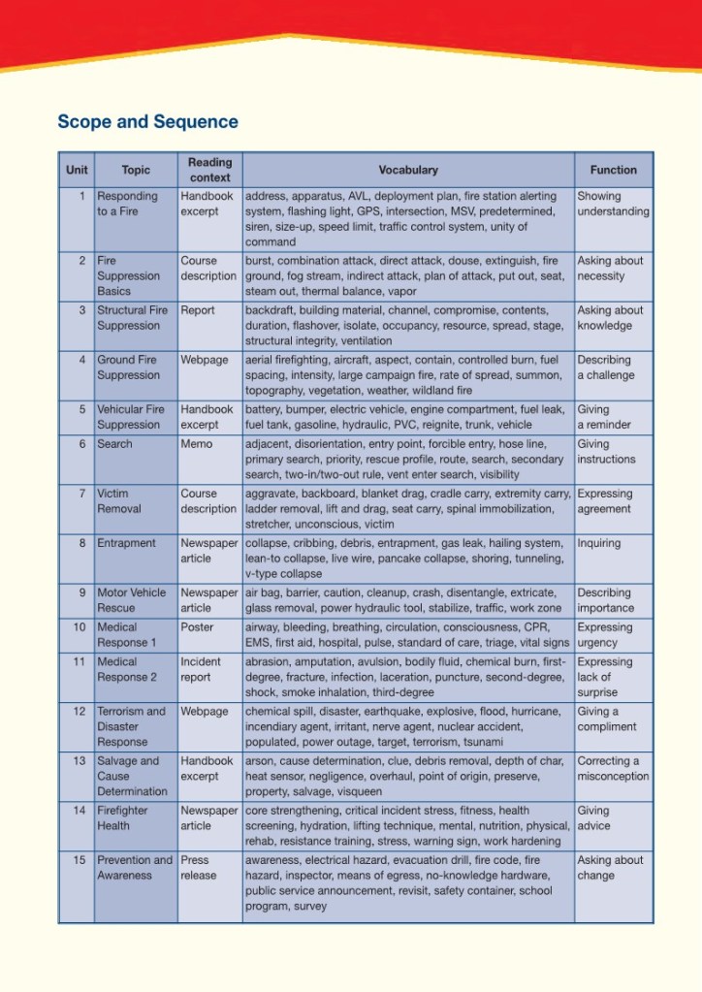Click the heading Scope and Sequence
coord(147,122)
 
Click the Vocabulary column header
coord(408,170)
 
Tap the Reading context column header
coord(209,170)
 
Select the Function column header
coord(613,170)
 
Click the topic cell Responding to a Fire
coord(127,204)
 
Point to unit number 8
coord(83,543)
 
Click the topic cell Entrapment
coord(126,543)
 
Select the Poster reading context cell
coord(197,627)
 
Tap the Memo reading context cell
coord(197,444)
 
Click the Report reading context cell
coord(198,310)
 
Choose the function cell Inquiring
coord(598,543)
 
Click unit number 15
coord(81,860)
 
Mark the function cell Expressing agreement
coord(604,501)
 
